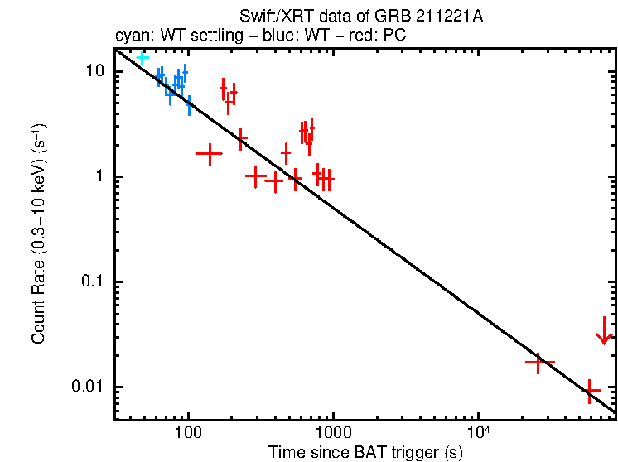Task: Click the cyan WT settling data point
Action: (x=142, y=57)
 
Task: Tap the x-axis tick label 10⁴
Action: (x=478, y=433)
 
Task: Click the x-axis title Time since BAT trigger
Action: (x=365, y=452)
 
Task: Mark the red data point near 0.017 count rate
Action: (x=538, y=362)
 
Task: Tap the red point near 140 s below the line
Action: (x=209, y=153)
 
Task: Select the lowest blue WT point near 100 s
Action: (x=189, y=105)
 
